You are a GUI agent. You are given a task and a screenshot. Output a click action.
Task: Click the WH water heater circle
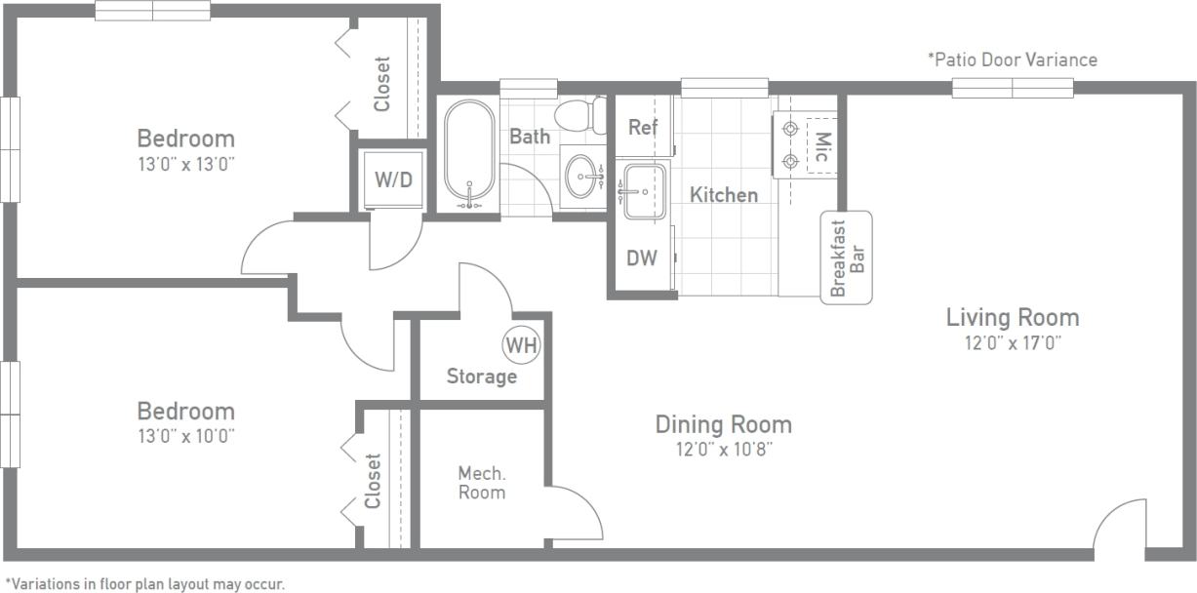click(x=521, y=344)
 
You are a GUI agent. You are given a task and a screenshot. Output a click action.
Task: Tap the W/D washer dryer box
click(x=393, y=180)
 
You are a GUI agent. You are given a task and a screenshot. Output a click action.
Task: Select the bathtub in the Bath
click(x=469, y=154)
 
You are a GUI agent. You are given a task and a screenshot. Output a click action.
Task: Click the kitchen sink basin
click(x=644, y=191)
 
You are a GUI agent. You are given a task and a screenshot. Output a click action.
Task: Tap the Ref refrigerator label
click(x=643, y=127)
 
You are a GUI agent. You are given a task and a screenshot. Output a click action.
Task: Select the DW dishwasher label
click(x=641, y=258)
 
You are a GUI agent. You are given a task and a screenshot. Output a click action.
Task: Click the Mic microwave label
click(x=821, y=147)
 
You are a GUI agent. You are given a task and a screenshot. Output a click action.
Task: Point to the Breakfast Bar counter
click(x=846, y=257)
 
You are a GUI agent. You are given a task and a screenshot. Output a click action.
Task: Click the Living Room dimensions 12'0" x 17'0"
click(x=1013, y=342)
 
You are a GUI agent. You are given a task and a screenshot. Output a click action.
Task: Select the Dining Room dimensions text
click(x=723, y=450)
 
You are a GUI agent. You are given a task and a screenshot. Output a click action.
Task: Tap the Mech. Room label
click(x=482, y=483)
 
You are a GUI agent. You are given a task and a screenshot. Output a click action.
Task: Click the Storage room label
click(x=481, y=376)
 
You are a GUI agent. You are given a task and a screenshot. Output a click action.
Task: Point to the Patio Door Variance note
click(x=1012, y=59)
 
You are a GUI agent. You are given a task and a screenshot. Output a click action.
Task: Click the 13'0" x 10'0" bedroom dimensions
click(x=185, y=436)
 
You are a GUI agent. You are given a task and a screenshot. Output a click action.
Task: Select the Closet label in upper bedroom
click(x=381, y=84)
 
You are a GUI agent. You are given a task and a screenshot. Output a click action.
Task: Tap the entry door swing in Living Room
click(x=1120, y=527)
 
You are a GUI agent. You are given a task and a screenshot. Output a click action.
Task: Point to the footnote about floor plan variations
click(x=144, y=584)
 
